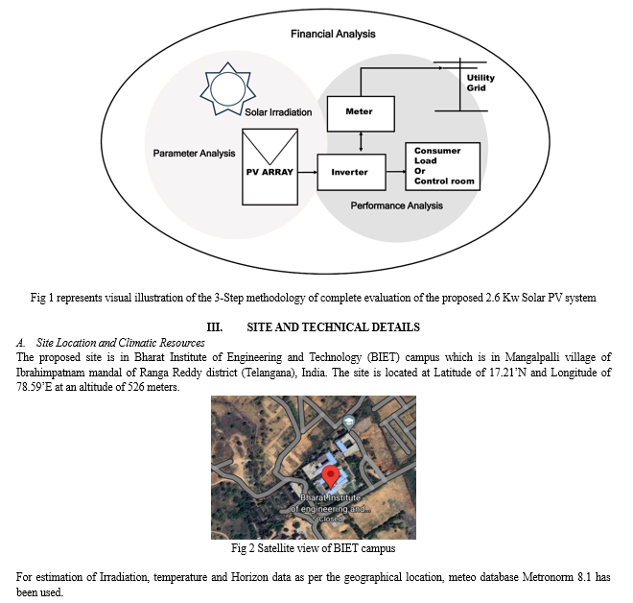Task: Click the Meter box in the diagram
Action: point(361,113)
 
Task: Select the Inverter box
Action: point(351,172)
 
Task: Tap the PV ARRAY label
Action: point(270,172)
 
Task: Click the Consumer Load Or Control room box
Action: point(442,166)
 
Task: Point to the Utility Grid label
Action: point(481,83)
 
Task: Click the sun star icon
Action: point(227,89)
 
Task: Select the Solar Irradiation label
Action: point(278,112)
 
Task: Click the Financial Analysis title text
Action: point(333,34)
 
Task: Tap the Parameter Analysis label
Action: point(194,154)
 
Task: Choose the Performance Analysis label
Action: point(396,205)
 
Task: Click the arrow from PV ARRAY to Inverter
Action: point(308,172)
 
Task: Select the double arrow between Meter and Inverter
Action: point(361,143)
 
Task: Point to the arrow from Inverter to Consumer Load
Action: point(395,172)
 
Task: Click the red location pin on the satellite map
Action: point(331,475)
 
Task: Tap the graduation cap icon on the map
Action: point(348,422)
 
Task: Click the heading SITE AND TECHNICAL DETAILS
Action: point(333,327)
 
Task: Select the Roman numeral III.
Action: point(215,327)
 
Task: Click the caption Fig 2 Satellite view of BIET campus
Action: point(314,548)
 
